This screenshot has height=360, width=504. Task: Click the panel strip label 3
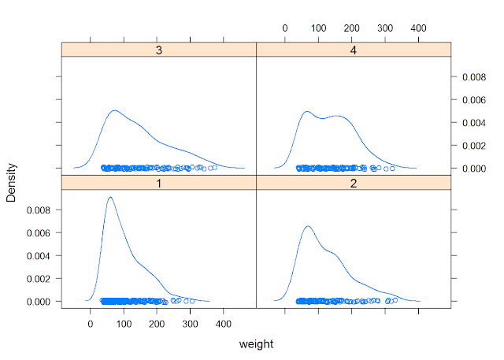[x=159, y=49]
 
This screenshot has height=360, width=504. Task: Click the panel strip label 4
[x=354, y=49]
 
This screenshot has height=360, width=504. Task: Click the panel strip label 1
[x=159, y=182]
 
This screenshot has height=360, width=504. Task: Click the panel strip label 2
[x=354, y=182]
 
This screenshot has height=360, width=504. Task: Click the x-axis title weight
[x=256, y=344]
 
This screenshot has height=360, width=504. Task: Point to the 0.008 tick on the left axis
[x=38, y=210]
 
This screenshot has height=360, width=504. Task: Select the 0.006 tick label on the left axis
[x=38, y=233]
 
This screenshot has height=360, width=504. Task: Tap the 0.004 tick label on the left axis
[x=38, y=256]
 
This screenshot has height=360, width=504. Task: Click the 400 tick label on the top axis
[x=418, y=28]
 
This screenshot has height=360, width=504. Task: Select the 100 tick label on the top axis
[x=318, y=28]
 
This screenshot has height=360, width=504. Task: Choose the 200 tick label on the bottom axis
[x=157, y=323]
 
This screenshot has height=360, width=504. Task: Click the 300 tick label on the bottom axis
[x=191, y=323]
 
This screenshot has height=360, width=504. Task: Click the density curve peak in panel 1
[x=109, y=197]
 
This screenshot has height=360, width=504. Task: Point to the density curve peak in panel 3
[x=115, y=111]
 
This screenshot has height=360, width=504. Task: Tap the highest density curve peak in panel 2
[x=307, y=226]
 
